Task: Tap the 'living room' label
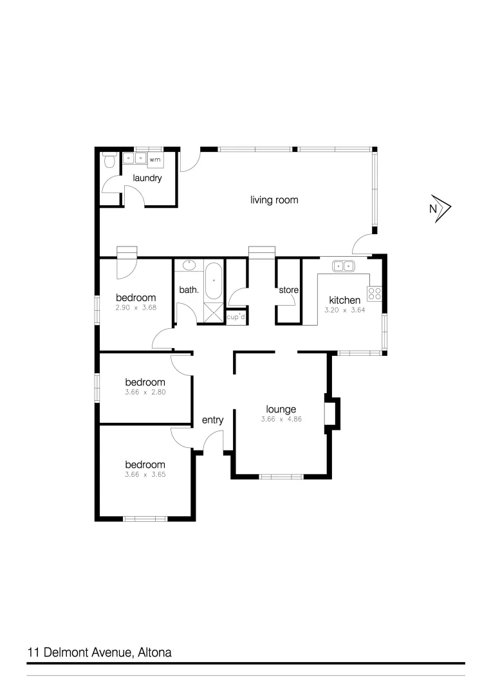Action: pyautogui.click(x=274, y=199)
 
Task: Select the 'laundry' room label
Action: pyautogui.click(x=147, y=178)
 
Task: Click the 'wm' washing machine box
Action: pyautogui.click(x=155, y=159)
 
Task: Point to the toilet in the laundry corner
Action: pyautogui.click(x=109, y=160)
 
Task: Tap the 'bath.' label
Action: pyautogui.click(x=189, y=290)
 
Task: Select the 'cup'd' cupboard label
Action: pyautogui.click(x=236, y=317)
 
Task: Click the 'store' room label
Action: pyautogui.click(x=288, y=290)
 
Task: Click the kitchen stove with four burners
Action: pyautogui.click(x=375, y=294)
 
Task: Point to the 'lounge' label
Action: pyautogui.click(x=281, y=409)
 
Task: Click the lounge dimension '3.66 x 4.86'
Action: pyautogui.click(x=281, y=419)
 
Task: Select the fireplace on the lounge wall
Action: pyautogui.click(x=331, y=414)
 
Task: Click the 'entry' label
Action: pyautogui.click(x=212, y=420)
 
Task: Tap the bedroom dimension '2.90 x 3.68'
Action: pyautogui.click(x=136, y=308)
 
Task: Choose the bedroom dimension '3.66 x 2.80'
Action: pyautogui.click(x=145, y=391)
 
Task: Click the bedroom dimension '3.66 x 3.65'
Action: pyautogui.click(x=145, y=474)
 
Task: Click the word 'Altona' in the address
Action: pyautogui.click(x=154, y=652)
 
